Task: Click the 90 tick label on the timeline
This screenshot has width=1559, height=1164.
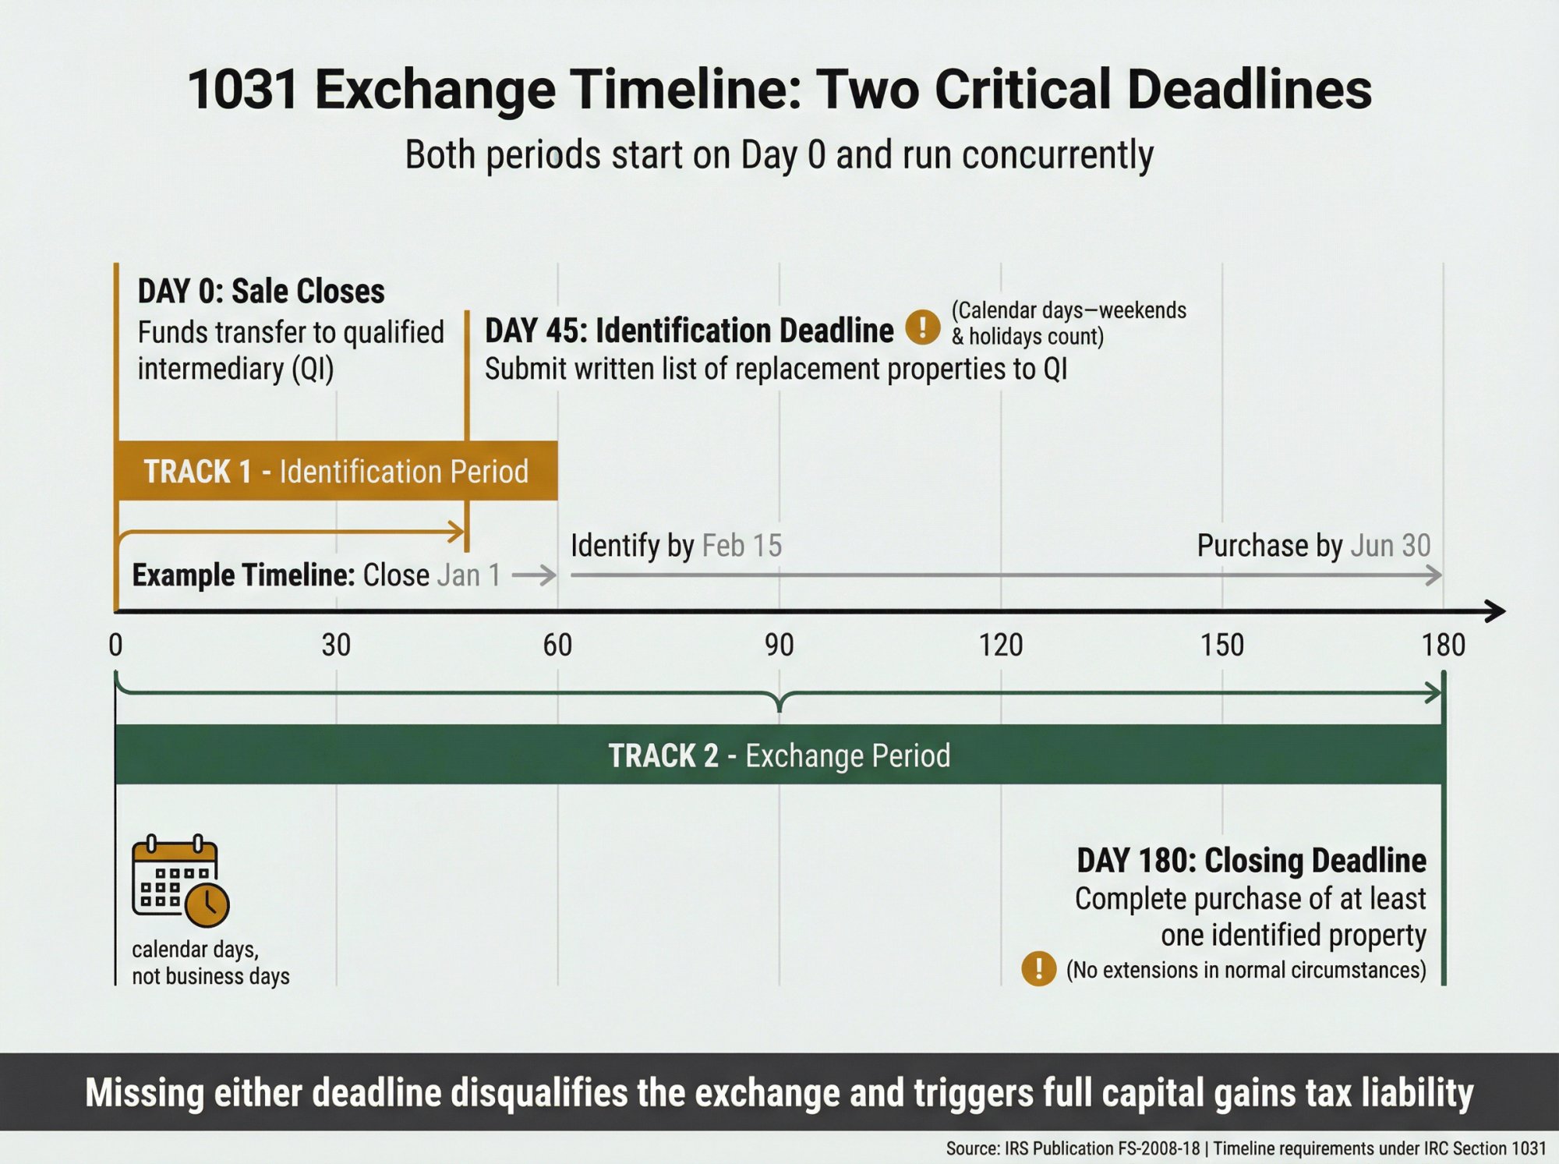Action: pos(779,646)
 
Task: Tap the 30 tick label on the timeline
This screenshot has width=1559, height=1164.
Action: pos(336,646)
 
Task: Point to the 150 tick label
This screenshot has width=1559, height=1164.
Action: pos(1221,646)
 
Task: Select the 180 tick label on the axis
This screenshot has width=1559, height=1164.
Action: pos(1443,646)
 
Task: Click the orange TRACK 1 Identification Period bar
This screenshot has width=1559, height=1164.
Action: pos(336,471)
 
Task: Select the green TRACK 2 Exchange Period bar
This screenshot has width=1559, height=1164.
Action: pos(779,755)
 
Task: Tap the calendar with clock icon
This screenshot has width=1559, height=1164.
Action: pos(180,881)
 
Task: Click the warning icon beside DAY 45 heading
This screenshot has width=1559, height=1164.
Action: pos(922,327)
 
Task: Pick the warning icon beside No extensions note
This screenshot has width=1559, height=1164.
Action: pos(1038,969)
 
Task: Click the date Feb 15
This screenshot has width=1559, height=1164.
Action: pos(741,546)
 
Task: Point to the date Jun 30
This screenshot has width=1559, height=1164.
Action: pos(1390,546)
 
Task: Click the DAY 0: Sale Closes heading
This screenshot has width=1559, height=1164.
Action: pos(261,292)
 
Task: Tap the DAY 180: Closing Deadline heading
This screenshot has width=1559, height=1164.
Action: pos(1251,861)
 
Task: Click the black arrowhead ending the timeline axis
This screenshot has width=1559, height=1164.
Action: pos(1495,611)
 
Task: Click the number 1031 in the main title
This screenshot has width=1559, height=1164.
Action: pos(242,89)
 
